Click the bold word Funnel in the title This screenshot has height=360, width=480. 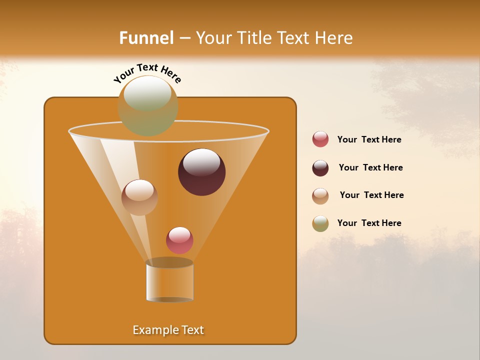[x=146, y=38]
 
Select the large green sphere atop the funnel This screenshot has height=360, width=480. [x=148, y=106]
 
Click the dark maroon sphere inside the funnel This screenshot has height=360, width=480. [x=202, y=172]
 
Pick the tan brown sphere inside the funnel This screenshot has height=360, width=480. [x=139, y=197]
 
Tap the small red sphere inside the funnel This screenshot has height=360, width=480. [x=179, y=240]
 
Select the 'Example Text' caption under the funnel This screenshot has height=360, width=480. [x=168, y=330]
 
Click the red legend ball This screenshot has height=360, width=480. [x=320, y=139]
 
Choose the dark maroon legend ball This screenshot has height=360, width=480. [x=320, y=168]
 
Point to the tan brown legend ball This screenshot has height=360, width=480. [x=320, y=196]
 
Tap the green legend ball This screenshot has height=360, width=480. [x=320, y=223]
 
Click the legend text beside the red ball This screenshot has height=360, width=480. [x=369, y=140]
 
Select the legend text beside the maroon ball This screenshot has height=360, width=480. [x=370, y=168]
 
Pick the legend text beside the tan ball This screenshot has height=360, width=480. [x=371, y=195]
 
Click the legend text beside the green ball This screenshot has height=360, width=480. [x=369, y=223]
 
